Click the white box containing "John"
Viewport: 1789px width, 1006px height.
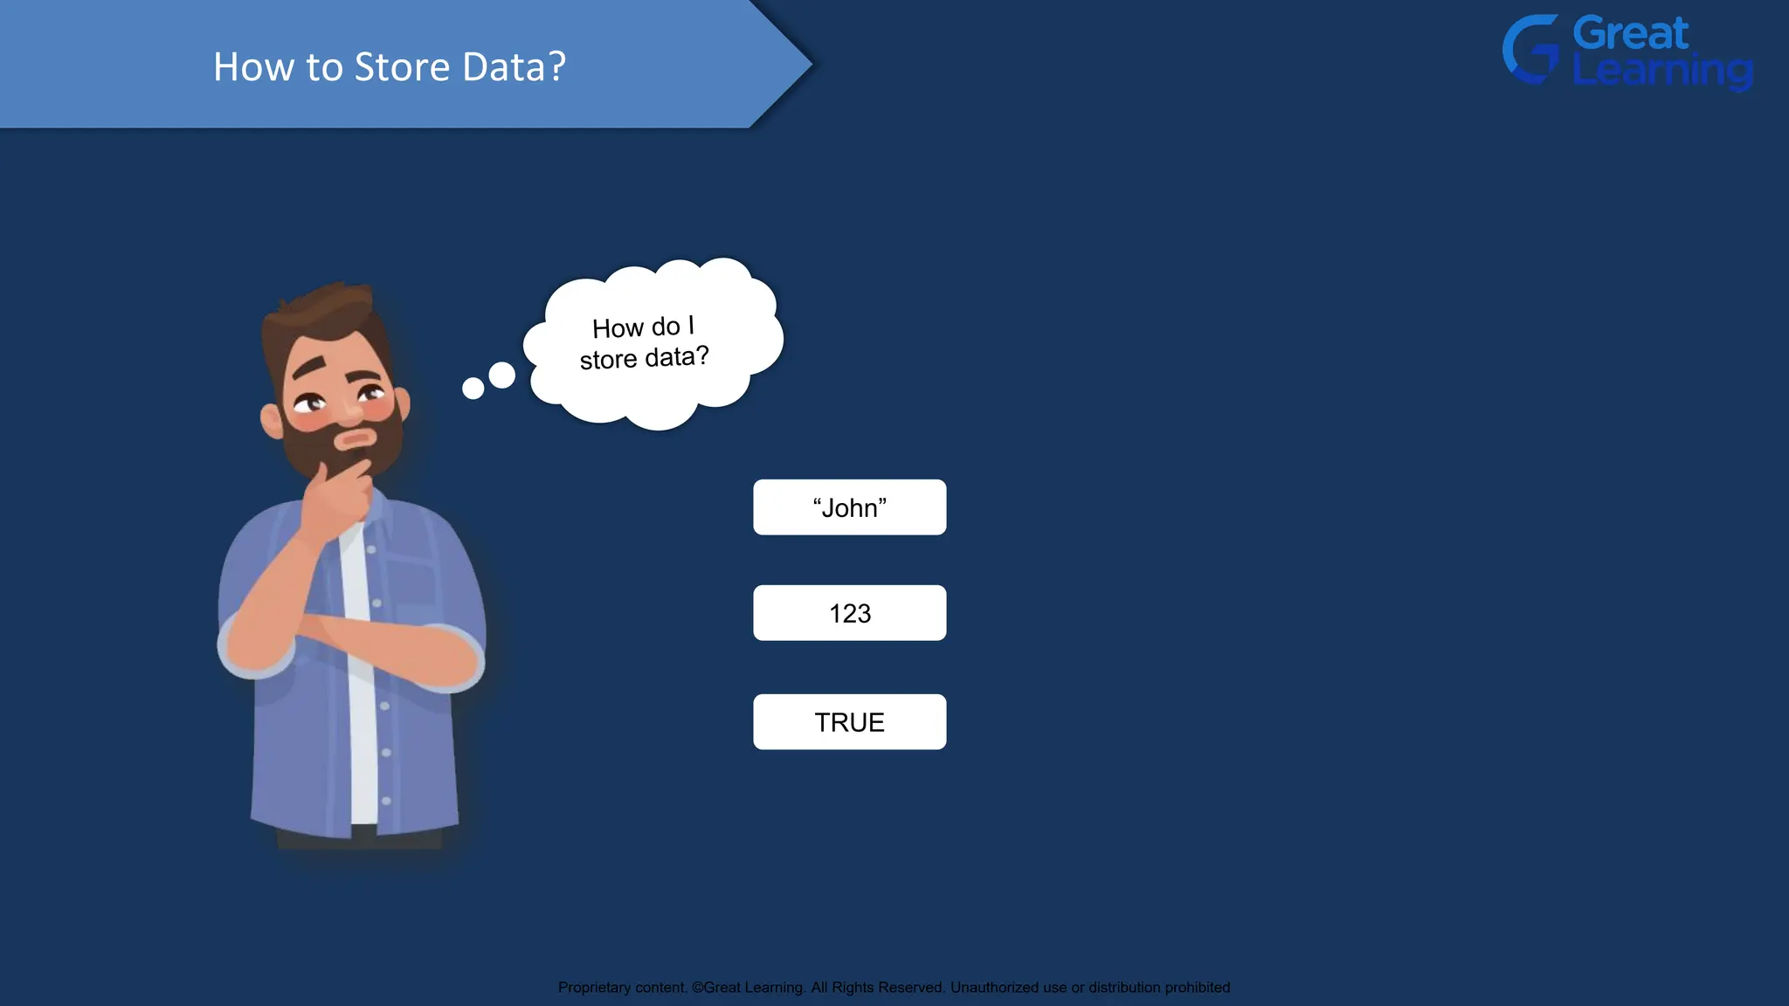pos(849,507)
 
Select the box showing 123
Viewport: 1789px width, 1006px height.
pos(849,613)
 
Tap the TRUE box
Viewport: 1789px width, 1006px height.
pos(849,722)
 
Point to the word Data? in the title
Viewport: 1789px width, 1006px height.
pos(514,67)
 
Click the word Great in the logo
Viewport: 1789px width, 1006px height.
pos(1630,33)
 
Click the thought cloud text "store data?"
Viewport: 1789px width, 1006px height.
pos(644,358)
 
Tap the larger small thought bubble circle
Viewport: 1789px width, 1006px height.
pos(501,376)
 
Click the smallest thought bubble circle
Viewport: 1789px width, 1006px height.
pos(473,389)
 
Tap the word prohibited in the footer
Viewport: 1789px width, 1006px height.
pos(1197,988)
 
